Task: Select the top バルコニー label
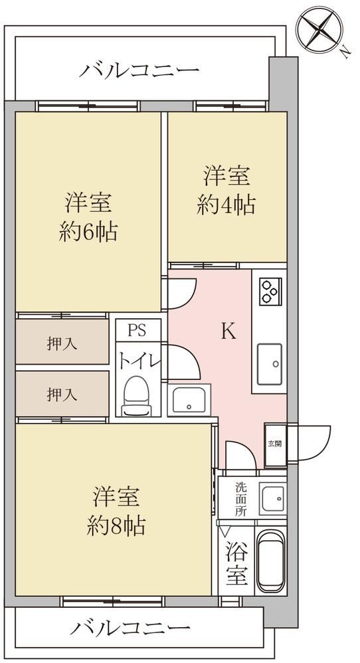(139, 71)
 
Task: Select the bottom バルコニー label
(130, 628)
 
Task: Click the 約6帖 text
(88, 232)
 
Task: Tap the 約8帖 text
(117, 526)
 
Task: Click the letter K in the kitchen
(228, 332)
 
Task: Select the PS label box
(138, 330)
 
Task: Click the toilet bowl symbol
(136, 396)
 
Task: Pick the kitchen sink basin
(270, 364)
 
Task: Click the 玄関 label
(274, 444)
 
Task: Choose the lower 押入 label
(62, 395)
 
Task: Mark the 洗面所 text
(240, 499)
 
